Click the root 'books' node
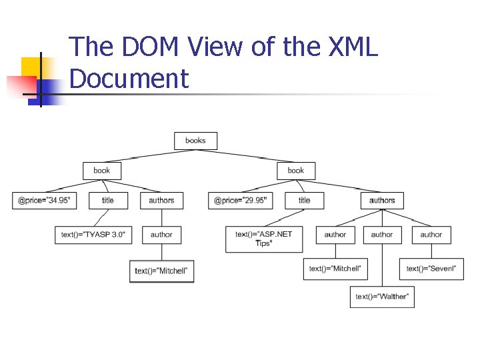coord(195,141)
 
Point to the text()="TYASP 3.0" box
coord(93,235)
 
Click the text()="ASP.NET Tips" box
coord(263,239)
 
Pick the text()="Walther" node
coord(382,296)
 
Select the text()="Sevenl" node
coord(431,268)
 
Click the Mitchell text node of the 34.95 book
coord(161,271)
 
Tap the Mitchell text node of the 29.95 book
coord(335,268)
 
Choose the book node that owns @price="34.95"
coord(102,171)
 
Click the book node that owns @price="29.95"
coord(296,171)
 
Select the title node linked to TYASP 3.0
coord(108,200)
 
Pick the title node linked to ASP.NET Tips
coord(305,200)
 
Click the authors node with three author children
coord(382,200)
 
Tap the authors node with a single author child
coord(161,200)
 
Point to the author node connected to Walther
coord(382,235)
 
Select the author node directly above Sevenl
coord(431,235)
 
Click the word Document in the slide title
coord(129,78)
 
